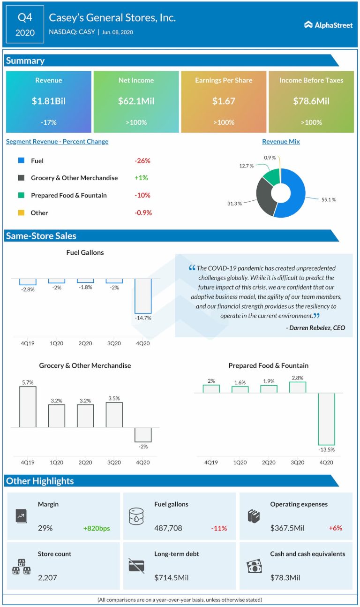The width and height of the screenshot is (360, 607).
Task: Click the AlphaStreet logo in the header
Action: pos(328,25)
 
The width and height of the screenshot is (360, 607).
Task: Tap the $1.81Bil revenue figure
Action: pos(49,101)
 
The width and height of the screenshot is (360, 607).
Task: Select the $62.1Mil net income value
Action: pos(136,101)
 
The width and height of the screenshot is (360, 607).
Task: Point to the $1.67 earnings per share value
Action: pos(224,101)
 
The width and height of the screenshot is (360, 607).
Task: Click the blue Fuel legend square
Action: pos(21,160)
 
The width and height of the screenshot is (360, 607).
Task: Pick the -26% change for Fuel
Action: pos(142,160)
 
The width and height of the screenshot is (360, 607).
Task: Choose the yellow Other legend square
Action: pos(21,212)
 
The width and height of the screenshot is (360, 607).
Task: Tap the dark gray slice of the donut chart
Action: pos(264,196)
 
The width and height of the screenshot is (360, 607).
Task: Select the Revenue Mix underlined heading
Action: pos(281,141)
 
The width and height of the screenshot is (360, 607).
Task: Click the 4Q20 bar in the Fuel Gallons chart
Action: pos(143,296)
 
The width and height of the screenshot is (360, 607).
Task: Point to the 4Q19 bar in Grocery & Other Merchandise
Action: pos(28,407)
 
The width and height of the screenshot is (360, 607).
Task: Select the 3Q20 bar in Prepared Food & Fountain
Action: pos(297,387)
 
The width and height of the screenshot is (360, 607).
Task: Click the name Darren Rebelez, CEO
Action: pos(315,327)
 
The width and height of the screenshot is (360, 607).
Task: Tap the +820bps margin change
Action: pos(97,528)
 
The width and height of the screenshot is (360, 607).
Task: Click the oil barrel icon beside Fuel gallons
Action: pos(136,516)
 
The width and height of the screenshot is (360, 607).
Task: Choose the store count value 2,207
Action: pos(47,577)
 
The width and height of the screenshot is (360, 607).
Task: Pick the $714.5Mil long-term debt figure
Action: pos(171,577)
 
